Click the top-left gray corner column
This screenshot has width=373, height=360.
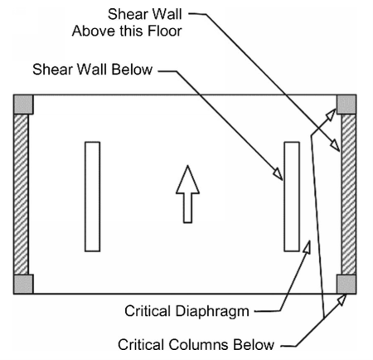coord(23,105)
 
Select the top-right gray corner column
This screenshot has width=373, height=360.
coord(346,105)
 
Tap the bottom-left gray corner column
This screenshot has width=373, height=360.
coord(23,284)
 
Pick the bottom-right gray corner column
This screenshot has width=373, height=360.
coord(346,284)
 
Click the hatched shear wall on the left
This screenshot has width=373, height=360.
coord(21,194)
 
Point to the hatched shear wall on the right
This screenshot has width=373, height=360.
coord(349,194)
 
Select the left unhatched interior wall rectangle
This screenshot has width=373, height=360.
coord(93,197)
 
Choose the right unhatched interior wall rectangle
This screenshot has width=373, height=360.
coord(292,197)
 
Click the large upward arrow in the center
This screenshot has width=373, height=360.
coord(187,194)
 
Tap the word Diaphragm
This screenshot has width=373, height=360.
coord(212,312)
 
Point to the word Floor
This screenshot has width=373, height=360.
coord(165,31)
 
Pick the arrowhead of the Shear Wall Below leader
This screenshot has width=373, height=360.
coord(279,174)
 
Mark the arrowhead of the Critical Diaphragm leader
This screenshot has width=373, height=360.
coord(308,247)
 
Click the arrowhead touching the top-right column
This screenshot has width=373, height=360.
coord(331,114)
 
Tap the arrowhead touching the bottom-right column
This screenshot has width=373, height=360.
coord(342,299)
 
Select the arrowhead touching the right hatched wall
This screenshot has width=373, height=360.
coord(336,145)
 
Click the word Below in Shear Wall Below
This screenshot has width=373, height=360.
coord(132,69)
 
